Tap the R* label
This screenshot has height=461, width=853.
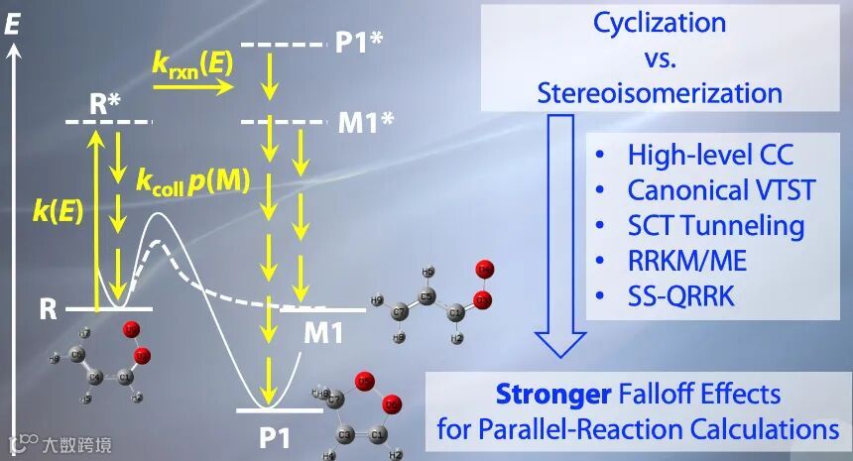[x=107, y=103]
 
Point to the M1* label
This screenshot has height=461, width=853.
[x=363, y=122]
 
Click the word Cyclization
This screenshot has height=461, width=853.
[x=659, y=22]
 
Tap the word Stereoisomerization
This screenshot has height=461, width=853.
[x=660, y=93]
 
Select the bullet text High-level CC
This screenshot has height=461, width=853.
[x=709, y=155]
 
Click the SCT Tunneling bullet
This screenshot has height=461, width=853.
[x=715, y=225]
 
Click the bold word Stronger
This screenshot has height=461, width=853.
[x=552, y=395]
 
